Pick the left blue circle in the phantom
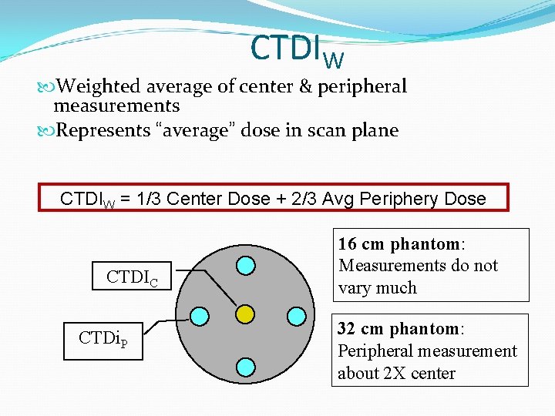tap(199, 316)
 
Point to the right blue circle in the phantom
tap(295, 315)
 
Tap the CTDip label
tap(108, 338)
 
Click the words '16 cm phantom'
tap(399, 244)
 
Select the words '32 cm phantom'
tap(399, 329)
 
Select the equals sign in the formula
tap(124, 199)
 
